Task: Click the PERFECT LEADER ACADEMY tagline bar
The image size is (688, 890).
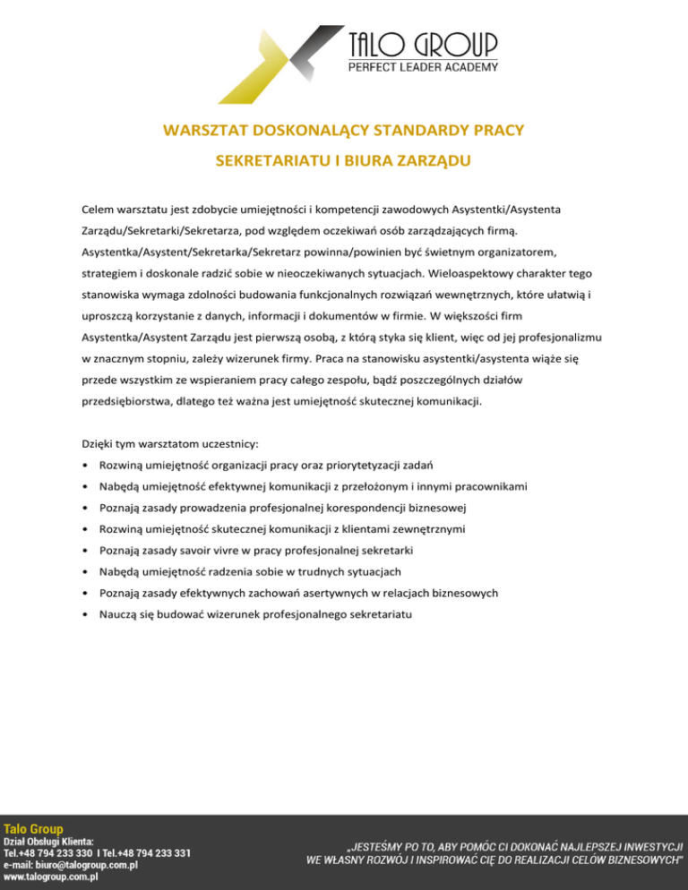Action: coord(422,67)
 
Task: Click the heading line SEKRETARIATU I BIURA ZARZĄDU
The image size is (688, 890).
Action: coord(344,162)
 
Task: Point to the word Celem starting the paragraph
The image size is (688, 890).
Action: coord(99,210)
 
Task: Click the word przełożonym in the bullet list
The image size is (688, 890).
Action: coord(384,487)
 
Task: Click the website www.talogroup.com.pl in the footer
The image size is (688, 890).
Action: coord(50,877)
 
